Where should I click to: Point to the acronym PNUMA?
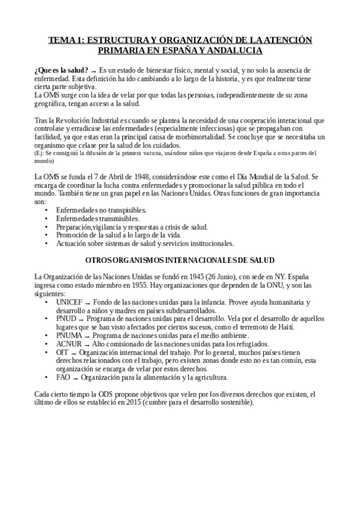click(71, 335)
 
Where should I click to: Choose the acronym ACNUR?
click(71, 343)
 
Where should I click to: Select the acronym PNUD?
click(67, 318)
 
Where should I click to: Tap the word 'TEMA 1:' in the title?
click(66, 40)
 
